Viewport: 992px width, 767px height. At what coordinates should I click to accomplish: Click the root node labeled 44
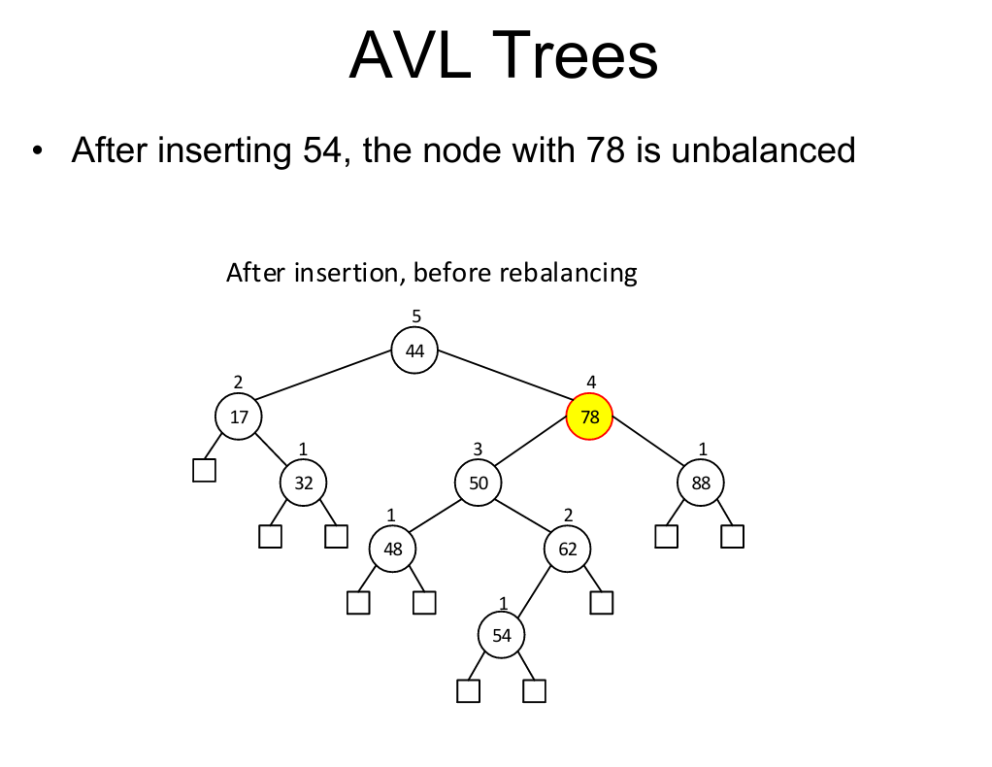[x=414, y=350]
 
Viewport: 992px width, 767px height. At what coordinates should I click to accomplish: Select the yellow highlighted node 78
[x=589, y=417]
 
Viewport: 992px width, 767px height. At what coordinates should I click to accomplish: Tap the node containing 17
[x=239, y=417]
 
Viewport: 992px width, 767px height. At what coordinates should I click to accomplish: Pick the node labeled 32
[x=304, y=483]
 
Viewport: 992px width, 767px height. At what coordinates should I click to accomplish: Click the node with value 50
[x=479, y=483]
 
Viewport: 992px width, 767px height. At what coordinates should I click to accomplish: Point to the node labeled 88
[x=701, y=483]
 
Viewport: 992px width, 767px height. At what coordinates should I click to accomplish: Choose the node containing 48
[x=393, y=549]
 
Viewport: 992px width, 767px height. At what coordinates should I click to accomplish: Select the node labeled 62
[x=568, y=549]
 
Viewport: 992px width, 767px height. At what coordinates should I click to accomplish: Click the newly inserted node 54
[x=502, y=635]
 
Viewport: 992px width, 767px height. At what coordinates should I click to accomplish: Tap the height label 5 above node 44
[x=416, y=316]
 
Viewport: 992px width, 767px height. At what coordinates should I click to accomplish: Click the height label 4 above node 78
[x=591, y=382]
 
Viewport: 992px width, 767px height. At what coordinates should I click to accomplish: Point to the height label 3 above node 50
[x=478, y=449]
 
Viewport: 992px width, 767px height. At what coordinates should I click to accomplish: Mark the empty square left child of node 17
[x=205, y=470]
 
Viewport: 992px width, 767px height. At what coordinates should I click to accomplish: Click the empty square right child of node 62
[x=602, y=603]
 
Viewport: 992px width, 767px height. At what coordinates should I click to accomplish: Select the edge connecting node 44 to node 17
[x=324, y=375]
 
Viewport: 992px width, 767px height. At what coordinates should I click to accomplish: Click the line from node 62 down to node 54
[x=533, y=591]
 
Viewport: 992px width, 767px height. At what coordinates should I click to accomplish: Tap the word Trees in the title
[x=575, y=55]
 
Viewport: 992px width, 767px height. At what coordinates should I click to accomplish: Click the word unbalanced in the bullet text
[x=763, y=150]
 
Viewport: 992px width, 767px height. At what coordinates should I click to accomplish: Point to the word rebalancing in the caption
[x=568, y=273]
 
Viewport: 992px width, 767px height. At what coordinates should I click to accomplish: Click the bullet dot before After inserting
[x=38, y=151]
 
